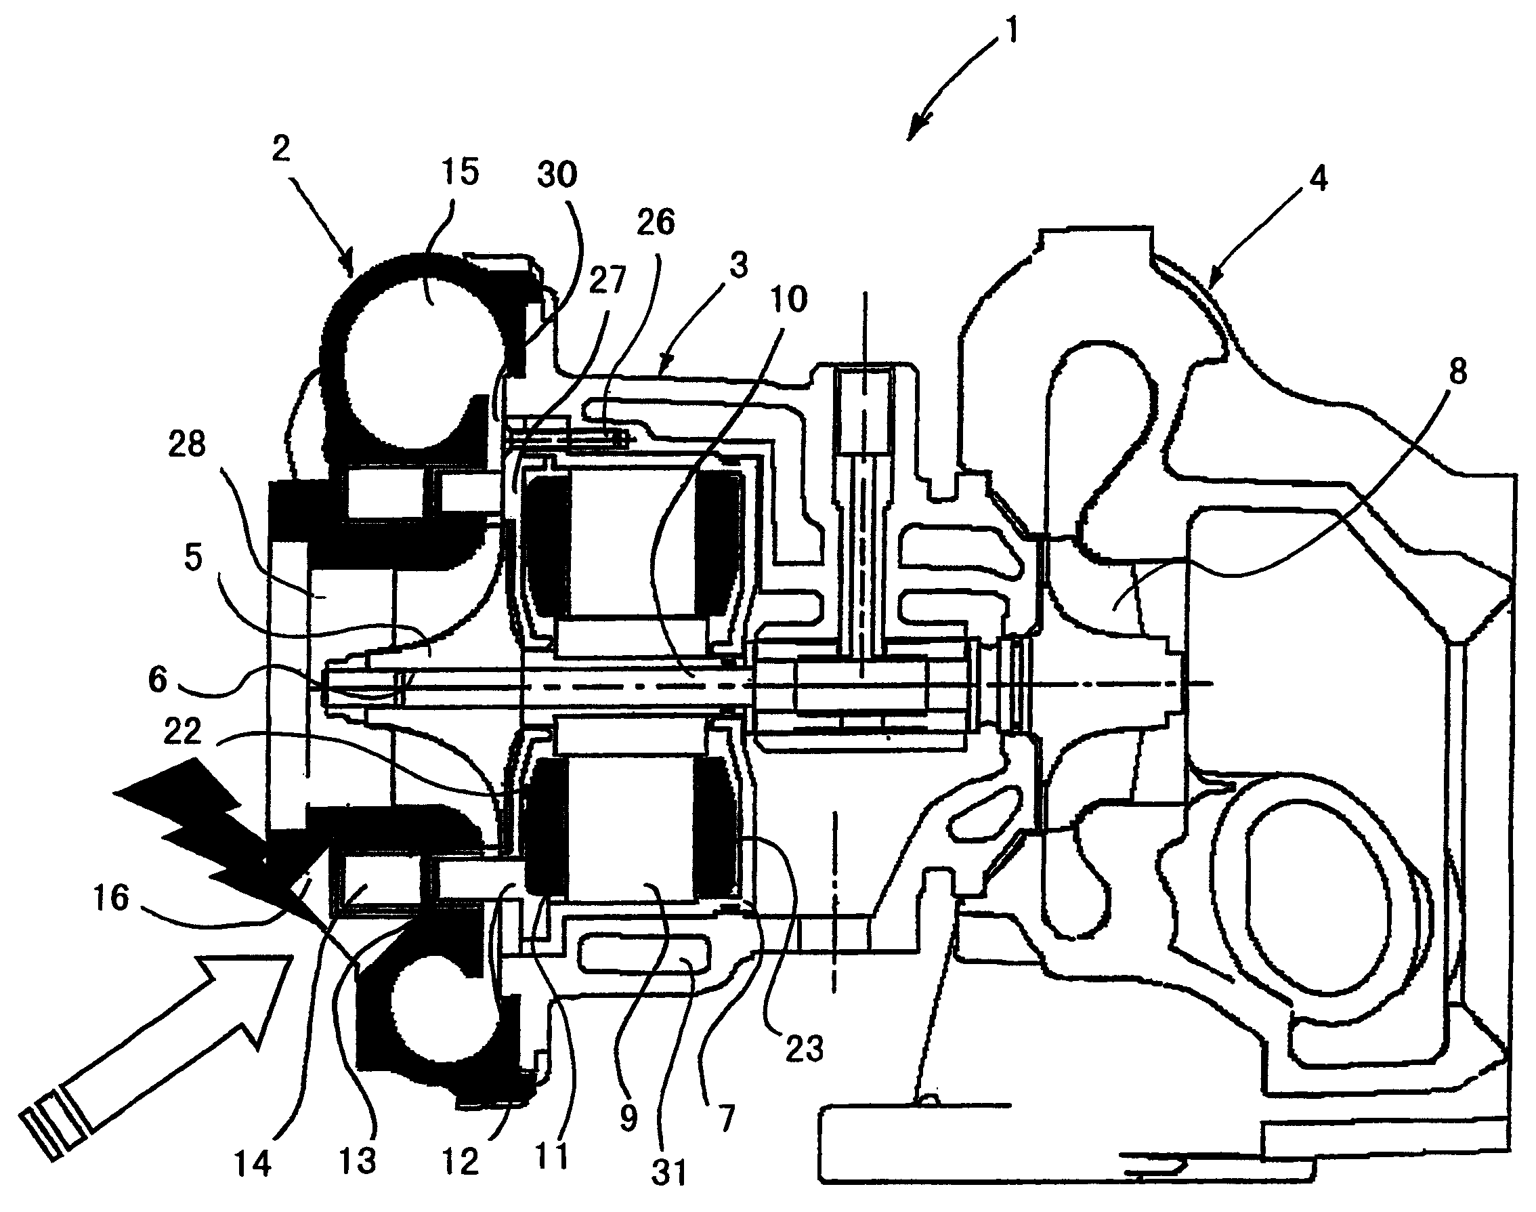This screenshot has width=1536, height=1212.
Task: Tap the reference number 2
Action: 281,149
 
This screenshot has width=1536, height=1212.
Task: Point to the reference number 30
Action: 557,174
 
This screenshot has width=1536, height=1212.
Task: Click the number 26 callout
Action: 655,222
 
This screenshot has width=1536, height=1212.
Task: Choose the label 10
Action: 788,299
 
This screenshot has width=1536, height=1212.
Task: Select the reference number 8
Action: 1457,372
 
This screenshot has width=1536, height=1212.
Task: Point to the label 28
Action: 187,445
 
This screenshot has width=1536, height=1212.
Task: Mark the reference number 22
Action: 182,732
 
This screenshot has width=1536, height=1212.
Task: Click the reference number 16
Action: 111,898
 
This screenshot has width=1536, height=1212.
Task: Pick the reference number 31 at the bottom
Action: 670,1172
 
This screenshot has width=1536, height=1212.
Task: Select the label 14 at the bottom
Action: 253,1164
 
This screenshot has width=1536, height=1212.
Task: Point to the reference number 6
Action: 158,679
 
